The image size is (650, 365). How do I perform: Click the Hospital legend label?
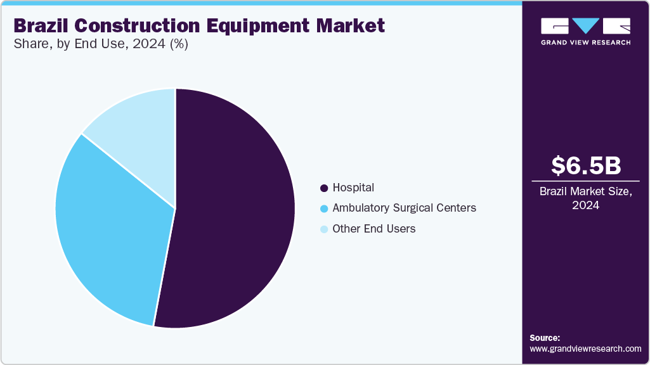tap(353, 188)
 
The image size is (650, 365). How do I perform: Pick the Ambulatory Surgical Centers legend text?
tap(404, 208)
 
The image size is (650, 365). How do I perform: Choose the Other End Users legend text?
tap(374, 229)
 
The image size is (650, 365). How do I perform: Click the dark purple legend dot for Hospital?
tap(324, 188)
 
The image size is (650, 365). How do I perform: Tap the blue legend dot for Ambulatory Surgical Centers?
tap(324, 208)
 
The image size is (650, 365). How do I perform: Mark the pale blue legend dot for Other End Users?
tap(324, 229)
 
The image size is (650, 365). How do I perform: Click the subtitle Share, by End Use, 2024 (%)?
tap(101, 44)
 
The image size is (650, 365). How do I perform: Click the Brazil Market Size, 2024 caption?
tap(586, 198)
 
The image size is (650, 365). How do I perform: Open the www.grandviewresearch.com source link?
tap(585, 349)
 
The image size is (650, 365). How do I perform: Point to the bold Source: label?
tap(545, 338)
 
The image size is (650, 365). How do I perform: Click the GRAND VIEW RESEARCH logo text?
tap(585, 42)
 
